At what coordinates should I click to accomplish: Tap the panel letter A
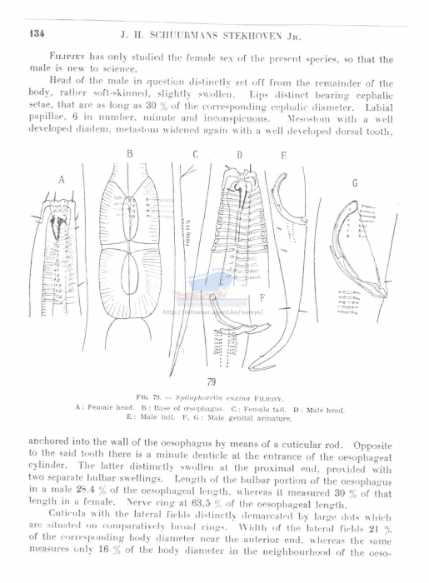point(62,179)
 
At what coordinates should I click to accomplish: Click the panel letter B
point(130,154)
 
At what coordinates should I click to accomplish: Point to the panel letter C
point(195,154)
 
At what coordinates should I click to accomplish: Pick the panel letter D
point(238,155)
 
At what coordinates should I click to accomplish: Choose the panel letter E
point(283,155)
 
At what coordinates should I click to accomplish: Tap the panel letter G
point(354,182)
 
